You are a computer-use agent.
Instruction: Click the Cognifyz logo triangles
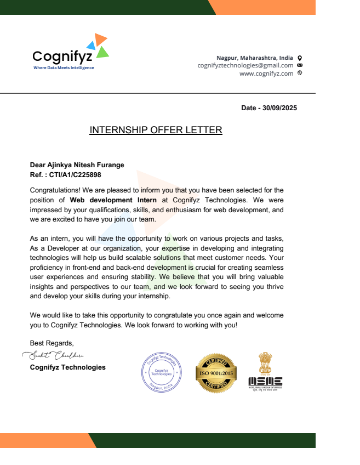tap(98, 46)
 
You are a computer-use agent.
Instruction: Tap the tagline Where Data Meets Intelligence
tap(64, 68)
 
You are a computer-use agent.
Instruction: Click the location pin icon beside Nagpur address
tap(300, 58)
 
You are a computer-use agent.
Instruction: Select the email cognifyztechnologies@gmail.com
tap(245, 65)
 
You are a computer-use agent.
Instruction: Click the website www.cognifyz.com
tap(266, 73)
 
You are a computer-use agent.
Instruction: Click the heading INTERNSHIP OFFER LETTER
tap(156, 130)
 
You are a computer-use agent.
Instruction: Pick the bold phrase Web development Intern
tap(113, 200)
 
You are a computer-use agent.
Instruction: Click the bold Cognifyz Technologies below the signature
tap(67, 367)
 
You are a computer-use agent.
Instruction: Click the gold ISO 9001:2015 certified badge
tap(216, 372)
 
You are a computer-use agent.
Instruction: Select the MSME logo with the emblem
tap(265, 371)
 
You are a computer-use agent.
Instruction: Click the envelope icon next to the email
tap(300, 65)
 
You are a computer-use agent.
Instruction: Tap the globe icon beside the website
tap(300, 73)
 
